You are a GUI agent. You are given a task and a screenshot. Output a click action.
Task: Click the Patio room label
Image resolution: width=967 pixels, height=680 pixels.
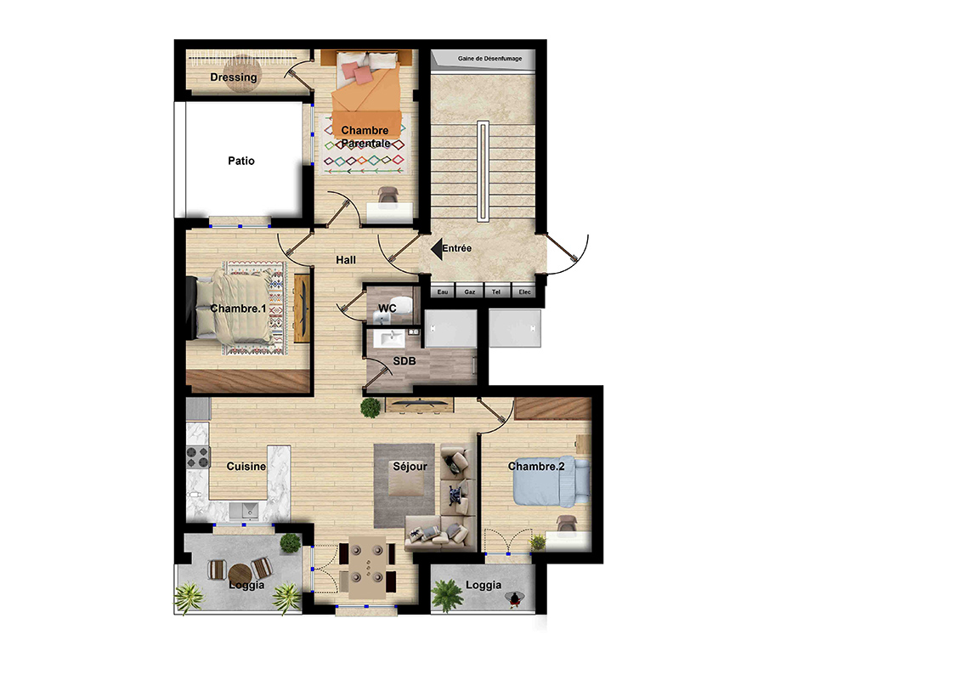(241, 161)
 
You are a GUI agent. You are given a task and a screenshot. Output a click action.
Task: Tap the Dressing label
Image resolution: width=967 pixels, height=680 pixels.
(233, 77)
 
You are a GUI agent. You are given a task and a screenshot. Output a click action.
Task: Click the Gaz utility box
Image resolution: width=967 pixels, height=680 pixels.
(469, 292)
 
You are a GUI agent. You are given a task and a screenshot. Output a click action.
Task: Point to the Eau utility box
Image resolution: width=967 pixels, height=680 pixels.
(442, 292)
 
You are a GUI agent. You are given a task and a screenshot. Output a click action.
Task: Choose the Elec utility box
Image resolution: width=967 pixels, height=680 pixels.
(524, 292)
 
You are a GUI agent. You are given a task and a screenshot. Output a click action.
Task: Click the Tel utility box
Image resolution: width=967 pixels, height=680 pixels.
(496, 292)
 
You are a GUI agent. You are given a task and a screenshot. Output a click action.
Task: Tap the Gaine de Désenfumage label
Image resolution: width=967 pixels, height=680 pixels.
(489, 59)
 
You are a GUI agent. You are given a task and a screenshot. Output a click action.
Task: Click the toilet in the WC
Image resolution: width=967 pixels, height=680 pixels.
(402, 305)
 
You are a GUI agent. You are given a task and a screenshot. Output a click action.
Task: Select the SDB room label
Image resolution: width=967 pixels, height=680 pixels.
(404, 361)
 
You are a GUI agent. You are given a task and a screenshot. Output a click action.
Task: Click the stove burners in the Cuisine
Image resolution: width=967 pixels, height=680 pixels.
(198, 457)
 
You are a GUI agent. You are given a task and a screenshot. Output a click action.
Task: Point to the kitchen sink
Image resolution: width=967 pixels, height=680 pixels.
(244, 511)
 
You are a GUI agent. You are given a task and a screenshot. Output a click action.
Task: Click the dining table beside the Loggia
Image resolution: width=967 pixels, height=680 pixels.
(368, 568)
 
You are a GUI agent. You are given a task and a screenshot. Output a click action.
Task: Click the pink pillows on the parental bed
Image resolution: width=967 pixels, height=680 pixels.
(357, 71)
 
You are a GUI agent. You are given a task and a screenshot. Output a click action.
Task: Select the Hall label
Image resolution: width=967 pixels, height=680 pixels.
(346, 260)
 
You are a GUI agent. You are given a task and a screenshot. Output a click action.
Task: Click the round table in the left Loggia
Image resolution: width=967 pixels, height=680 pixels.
(240, 574)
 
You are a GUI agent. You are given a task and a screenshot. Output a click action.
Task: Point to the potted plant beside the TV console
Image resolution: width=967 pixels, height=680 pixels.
(370, 407)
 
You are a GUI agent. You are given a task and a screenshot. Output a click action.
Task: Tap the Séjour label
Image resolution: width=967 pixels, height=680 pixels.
(410, 467)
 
